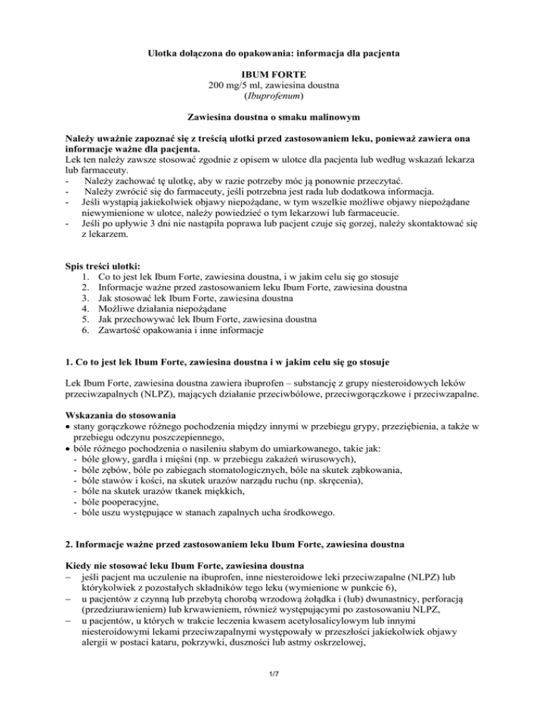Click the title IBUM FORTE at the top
[273, 75]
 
